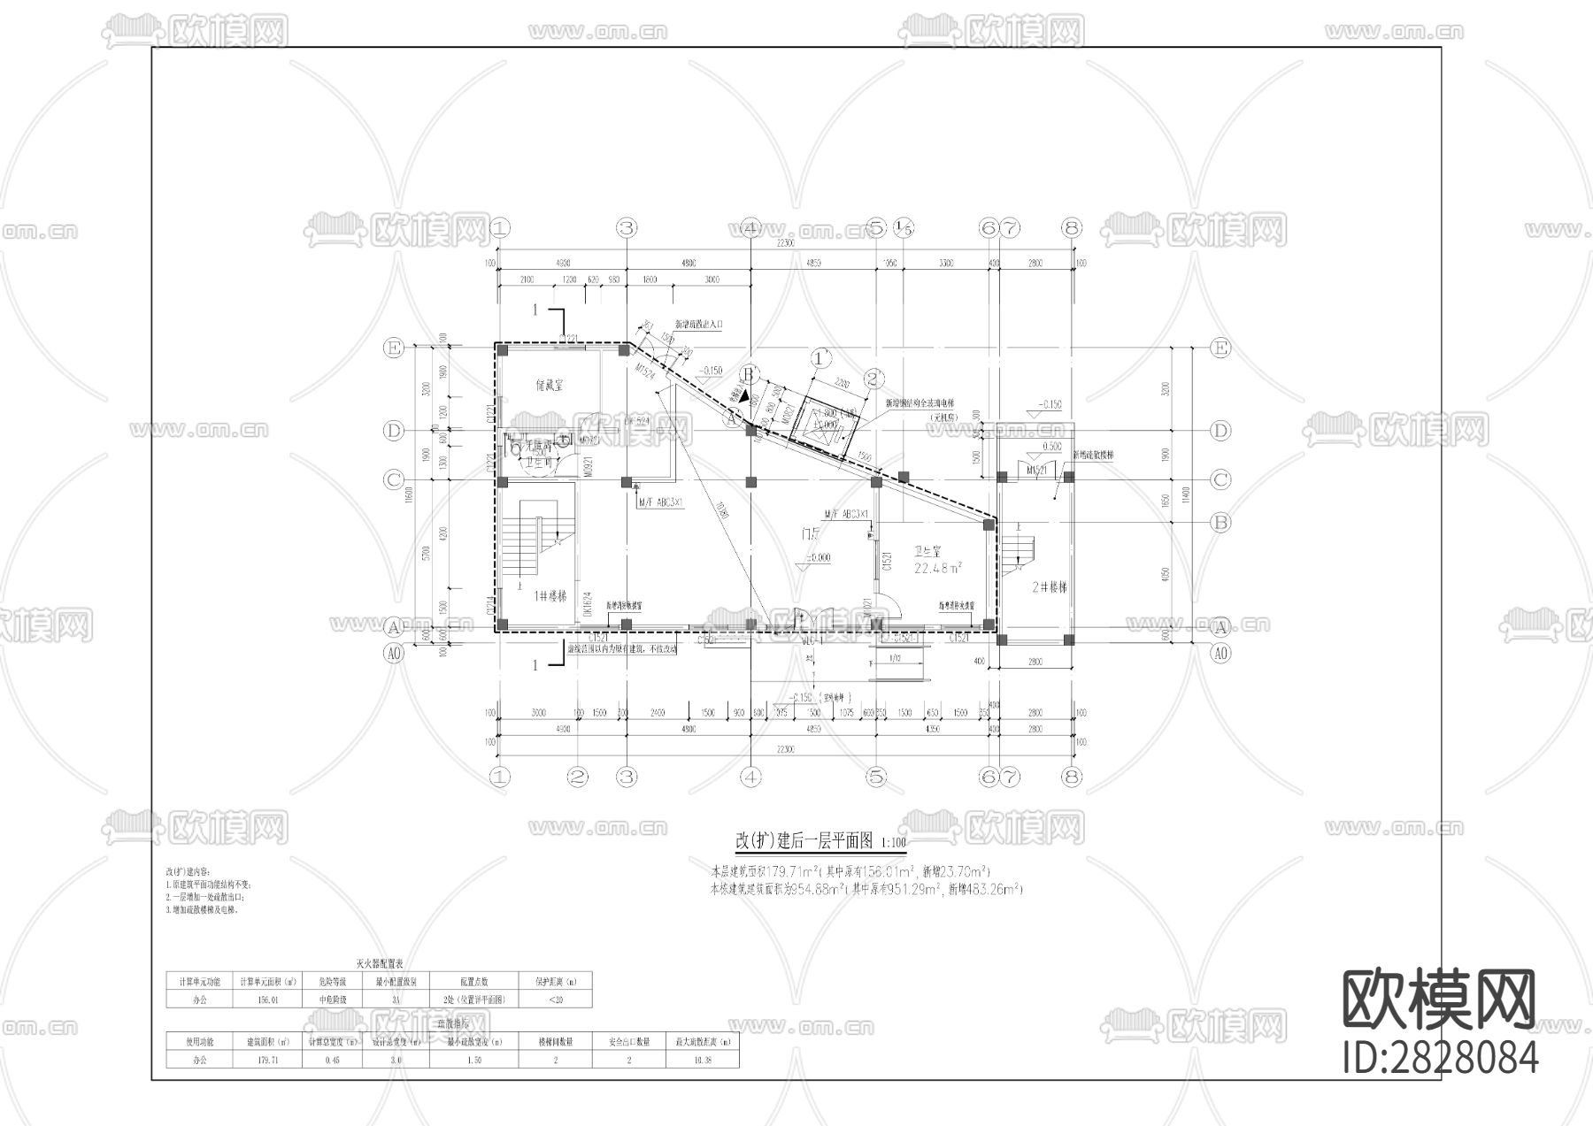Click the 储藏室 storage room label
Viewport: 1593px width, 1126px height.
[550, 386]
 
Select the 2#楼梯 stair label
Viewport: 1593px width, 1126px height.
[1049, 587]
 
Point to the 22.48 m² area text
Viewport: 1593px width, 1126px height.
[937, 568]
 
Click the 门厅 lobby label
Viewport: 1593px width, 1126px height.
[810, 534]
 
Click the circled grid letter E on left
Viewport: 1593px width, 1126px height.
[393, 349]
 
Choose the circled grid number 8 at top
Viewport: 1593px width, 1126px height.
[1072, 228]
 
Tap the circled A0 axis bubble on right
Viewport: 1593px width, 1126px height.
[1220, 654]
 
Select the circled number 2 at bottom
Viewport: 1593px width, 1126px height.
[577, 777]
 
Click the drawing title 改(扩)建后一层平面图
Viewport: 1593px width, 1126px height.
[804, 839]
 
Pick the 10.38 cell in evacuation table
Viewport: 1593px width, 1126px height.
[702, 1059]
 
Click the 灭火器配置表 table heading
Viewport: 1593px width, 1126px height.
[379, 963]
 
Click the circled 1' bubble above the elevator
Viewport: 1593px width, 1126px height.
[822, 358]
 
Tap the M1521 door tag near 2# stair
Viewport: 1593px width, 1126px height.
[1036, 471]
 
